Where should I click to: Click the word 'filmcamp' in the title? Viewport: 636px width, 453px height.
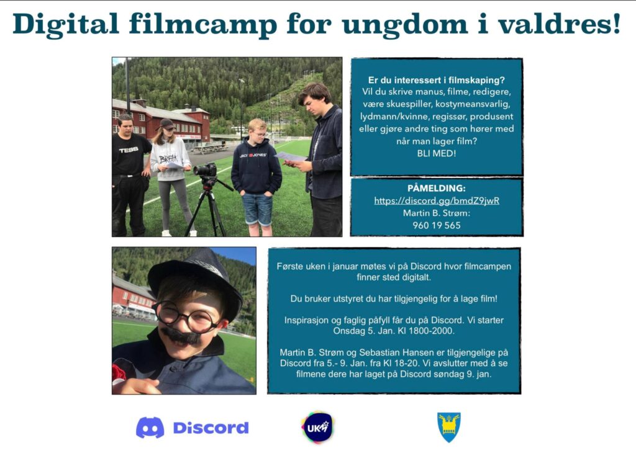203,24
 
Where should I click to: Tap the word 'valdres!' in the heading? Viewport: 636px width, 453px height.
560,24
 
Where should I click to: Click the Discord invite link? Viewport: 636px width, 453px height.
437,200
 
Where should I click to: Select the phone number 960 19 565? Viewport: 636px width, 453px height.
437,225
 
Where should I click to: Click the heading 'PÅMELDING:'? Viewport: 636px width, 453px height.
437,189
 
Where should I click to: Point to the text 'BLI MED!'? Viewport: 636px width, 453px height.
437,153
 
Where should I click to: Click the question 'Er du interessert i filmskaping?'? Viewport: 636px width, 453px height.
437,80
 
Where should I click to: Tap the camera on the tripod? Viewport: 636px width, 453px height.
206,169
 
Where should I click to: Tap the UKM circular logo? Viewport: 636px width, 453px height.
317,427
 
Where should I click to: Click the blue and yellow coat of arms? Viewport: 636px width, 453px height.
448,427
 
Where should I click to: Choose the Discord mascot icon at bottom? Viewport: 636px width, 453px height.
150,428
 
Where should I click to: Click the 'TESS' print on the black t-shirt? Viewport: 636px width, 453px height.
129,150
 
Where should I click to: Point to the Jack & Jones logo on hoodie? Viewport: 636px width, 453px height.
253,155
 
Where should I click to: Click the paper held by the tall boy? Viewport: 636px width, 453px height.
291,157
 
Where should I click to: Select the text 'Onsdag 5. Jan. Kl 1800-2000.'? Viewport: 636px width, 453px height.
394,331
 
